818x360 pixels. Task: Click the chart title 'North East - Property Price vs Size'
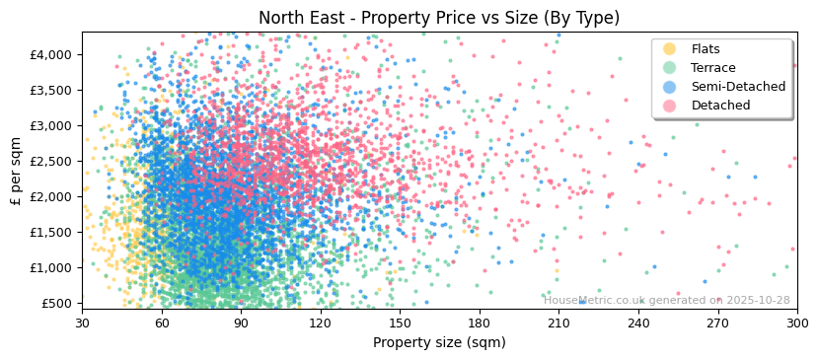pyautogui.click(x=439, y=18)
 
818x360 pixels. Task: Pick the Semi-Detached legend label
pyautogui.click(x=738, y=87)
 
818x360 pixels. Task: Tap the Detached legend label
pyautogui.click(x=721, y=106)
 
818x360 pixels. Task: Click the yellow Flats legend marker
pyautogui.click(x=670, y=49)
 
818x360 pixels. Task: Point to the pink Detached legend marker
pyautogui.click(x=670, y=106)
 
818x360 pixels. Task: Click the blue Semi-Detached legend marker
pyautogui.click(x=670, y=87)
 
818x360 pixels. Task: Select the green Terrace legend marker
pyautogui.click(x=670, y=68)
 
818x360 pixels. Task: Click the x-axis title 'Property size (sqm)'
pyautogui.click(x=439, y=343)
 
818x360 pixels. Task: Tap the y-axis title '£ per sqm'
pyautogui.click(x=17, y=172)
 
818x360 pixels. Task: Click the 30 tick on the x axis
pyautogui.click(x=82, y=323)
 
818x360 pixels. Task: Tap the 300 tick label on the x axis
pyautogui.click(x=796, y=323)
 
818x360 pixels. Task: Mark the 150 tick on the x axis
pyautogui.click(x=400, y=323)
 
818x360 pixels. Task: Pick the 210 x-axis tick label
pyautogui.click(x=558, y=323)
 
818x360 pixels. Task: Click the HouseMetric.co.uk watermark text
pyautogui.click(x=666, y=301)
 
